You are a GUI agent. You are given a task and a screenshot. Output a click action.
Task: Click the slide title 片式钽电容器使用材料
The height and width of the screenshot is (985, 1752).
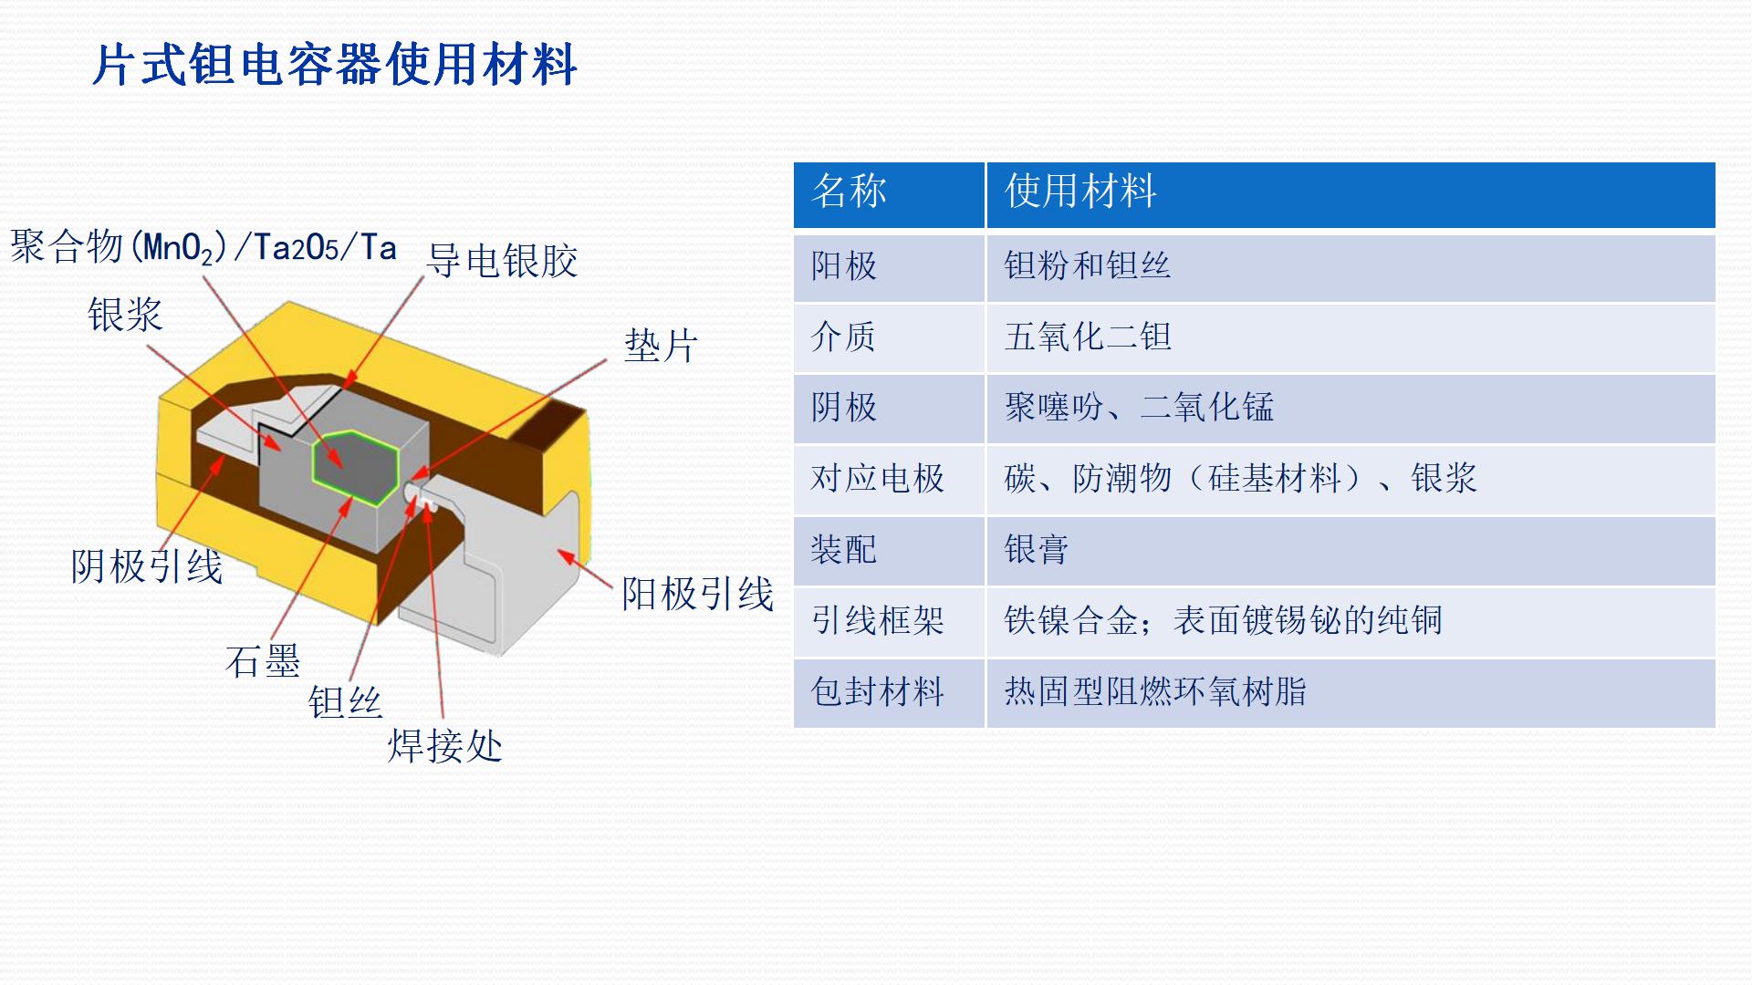pyautogui.click(x=335, y=65)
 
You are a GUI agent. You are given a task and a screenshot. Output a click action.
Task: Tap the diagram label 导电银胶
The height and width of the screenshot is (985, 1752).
pyautogui.click(x=502, y=261)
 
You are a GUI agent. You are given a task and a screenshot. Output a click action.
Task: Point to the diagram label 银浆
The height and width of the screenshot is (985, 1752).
pyautogui.click(x=125, y=315)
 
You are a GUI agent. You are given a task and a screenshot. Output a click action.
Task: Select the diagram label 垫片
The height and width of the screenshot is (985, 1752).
pyautogui.click(x=661, y=347)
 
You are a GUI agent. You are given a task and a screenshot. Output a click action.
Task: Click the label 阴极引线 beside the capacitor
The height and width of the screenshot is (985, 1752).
pyautogui.click(x=147, y=566)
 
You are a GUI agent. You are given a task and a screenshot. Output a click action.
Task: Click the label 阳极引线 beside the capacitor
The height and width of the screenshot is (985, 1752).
pyautogui.click(x=697, y=594)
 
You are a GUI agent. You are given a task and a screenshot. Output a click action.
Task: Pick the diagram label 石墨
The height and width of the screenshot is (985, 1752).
pyautogui.click(x=263, y=660)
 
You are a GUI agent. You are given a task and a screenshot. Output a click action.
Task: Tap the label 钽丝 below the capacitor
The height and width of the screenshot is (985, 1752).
pyautogui.click(x=345, y=702)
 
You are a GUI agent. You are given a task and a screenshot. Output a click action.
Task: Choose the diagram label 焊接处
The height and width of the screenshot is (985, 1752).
pyautogui.click(x=445, y=746)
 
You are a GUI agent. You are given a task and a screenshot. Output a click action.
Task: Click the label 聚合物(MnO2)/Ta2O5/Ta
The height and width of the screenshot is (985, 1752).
pyautogui.click(x=203, y=247)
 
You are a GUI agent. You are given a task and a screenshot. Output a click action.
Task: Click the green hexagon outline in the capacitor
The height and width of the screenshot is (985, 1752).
pyautogui.click(x=356, y=467)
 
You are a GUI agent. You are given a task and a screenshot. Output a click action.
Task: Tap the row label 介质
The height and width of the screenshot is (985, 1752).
pyautogui.click(x=843, y=337)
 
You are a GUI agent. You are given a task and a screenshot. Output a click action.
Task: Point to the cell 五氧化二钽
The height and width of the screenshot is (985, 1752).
pyautogui.click(x=1088, y=337)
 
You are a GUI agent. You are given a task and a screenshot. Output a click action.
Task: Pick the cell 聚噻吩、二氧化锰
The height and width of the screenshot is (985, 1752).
pyautogui.click(x=1139, y=407)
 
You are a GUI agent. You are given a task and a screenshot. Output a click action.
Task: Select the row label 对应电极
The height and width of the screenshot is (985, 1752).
pyautogui.click(x=877, y=478)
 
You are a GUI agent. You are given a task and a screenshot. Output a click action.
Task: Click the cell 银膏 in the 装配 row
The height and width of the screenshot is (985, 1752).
pyautogui.click(x=1036, y=549)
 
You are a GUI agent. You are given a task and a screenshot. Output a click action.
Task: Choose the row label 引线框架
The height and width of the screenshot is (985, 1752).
pyautogui.click(x=877, y=620)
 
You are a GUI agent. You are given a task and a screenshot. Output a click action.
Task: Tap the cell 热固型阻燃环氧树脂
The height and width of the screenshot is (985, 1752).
pyautogui.click(x=1155, y=691)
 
